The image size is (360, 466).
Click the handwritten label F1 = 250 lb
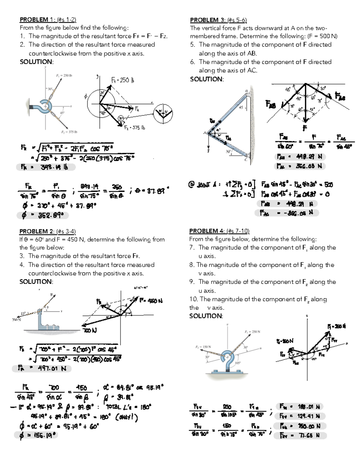122,80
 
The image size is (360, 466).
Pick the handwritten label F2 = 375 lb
135,128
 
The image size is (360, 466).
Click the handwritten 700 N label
90,330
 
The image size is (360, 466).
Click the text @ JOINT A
204,185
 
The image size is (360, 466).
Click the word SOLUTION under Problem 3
207,79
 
